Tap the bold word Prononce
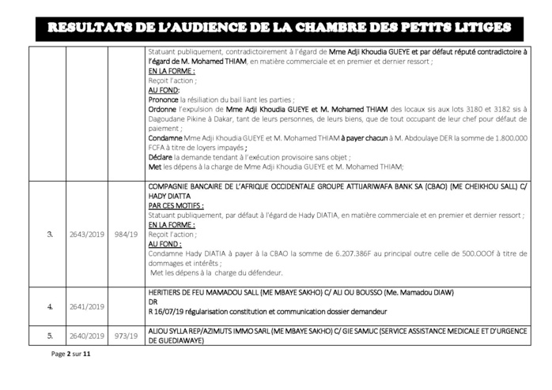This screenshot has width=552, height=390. [x=163, y=100]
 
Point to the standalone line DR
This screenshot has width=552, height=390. [x=153, y=302]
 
